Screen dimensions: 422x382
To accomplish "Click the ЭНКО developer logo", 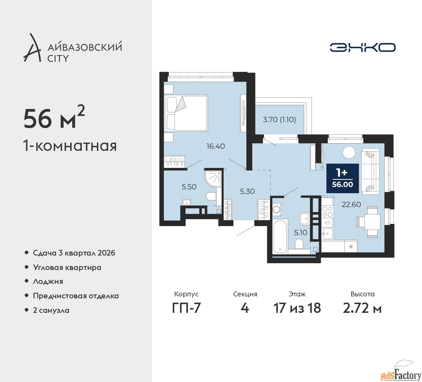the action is tap(362, 47).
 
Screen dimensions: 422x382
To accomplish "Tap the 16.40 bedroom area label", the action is tap(216, 146).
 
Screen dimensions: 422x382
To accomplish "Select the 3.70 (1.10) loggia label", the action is tap(279, 120).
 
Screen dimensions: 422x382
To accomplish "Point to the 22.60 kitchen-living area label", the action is tap(351, 204).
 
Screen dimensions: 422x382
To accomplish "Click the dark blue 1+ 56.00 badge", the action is tap(343, 178).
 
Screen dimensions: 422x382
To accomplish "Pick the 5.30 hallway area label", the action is tap(247, 191).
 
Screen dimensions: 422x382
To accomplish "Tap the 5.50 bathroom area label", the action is tap(189, 187).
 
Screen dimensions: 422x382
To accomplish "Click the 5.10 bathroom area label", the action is tap(301, 232).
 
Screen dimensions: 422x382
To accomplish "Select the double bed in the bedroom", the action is tap(186, 113).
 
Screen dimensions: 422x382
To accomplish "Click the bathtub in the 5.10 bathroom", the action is tap(281, 236).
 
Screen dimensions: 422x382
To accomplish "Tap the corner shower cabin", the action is tap(213, 179).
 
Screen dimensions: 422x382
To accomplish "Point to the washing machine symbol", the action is tap(276, 209).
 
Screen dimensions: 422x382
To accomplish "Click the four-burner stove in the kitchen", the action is tap(327, 211).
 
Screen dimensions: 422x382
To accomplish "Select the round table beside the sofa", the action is tap(349, 152).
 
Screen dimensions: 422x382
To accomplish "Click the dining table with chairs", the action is tap(369, 222).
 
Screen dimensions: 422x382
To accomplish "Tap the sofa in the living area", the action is tap(371, 170).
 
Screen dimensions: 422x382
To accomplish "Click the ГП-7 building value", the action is tap(186, 308).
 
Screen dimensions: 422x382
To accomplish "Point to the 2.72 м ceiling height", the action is tap(362, 308).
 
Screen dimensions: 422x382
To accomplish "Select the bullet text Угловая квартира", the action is tap(67, 268).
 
